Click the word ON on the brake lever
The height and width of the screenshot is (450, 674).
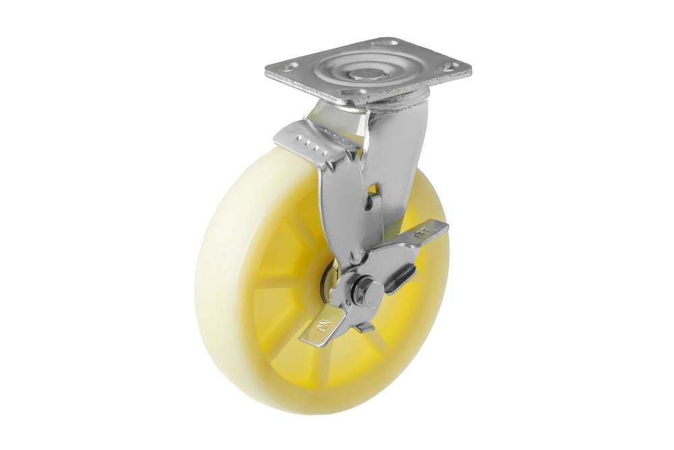coord(322,327)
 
